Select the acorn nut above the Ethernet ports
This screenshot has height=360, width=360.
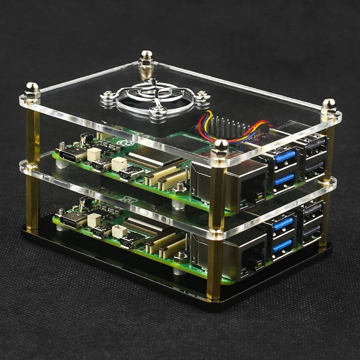click(x=220, y=146)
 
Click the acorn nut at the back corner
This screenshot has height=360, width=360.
click(x=145, y=56)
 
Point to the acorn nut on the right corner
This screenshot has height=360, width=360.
click(x=328, y=106)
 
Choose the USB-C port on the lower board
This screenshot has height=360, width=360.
click(x=72, y=220)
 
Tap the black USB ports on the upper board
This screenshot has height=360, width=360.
click(x=313, y=155)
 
